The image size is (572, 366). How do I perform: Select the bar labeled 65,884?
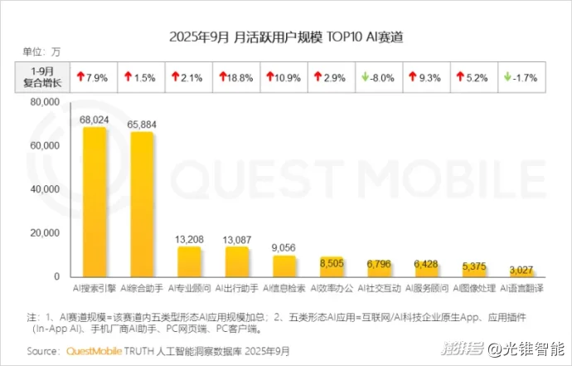(142, 204)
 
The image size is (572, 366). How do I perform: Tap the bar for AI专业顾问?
(190, 261)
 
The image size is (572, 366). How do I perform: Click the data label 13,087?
(238, 240)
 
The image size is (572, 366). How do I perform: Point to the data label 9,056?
(284, 248)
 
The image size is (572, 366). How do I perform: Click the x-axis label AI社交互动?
(380, 288)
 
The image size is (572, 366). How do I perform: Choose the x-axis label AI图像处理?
(474, 288)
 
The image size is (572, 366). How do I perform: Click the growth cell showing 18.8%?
(238, 77)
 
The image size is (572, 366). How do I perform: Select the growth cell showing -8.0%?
(380, 77)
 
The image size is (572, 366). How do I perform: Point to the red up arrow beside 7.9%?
(80, 77)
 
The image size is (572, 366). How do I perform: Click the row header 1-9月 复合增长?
(41, 77)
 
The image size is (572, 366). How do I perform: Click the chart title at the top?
(285, 37)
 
